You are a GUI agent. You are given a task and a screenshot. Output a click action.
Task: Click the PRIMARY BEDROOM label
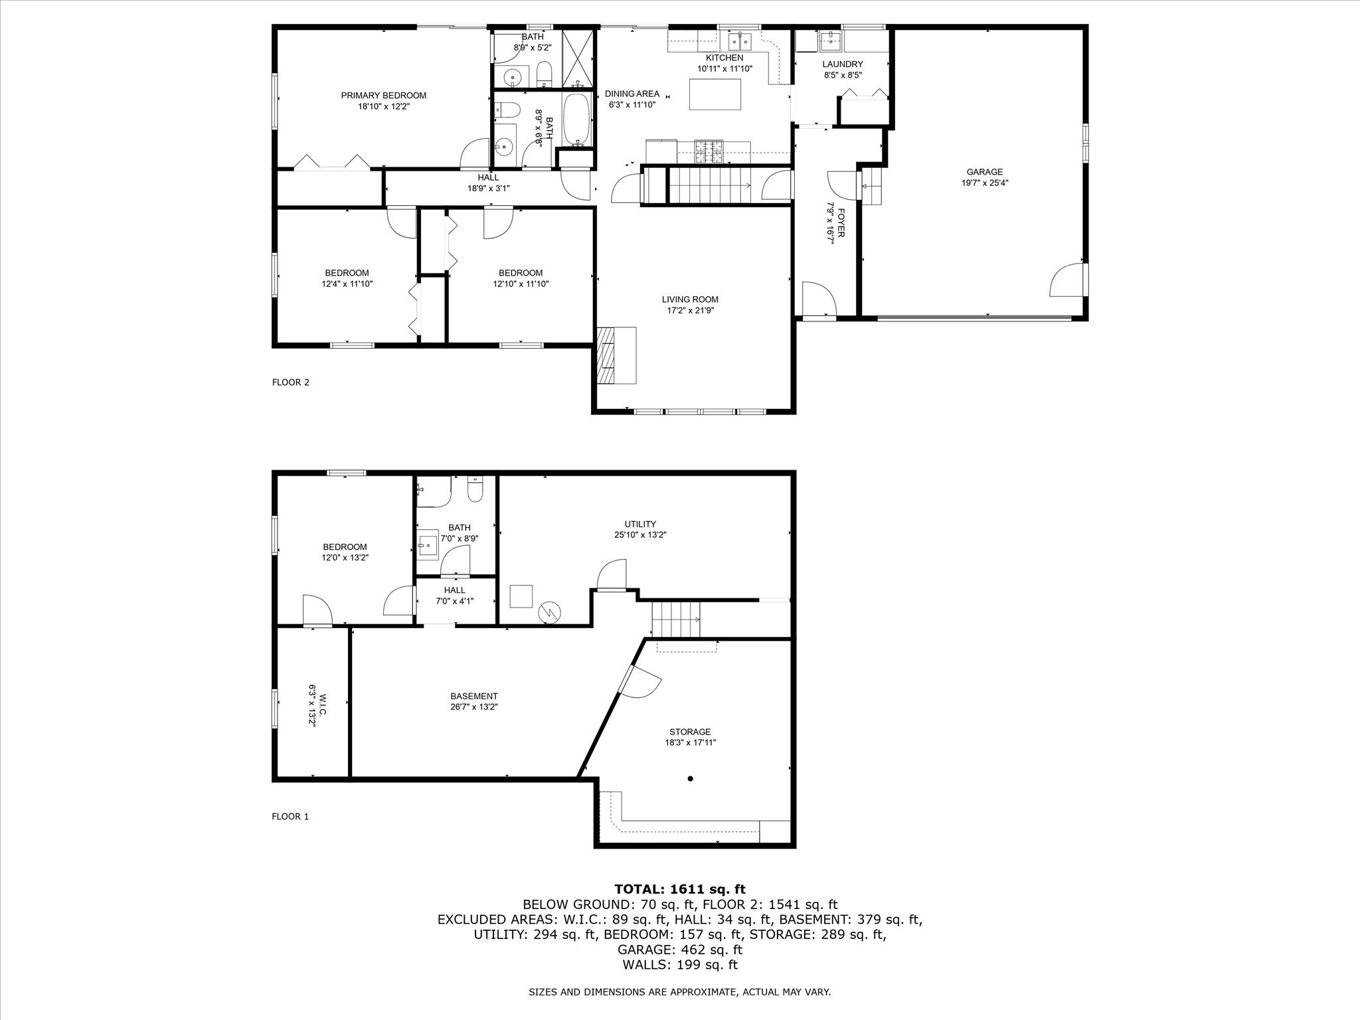[x=383, y=96]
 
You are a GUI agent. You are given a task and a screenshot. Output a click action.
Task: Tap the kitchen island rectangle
[x=715, y=94]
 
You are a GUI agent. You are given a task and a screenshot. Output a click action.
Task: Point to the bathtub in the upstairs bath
[x=577, y=120]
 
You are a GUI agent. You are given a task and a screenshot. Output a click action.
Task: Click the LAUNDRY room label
[x=842, y=64]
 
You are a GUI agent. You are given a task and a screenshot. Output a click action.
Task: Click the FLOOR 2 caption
[x=290, y=382]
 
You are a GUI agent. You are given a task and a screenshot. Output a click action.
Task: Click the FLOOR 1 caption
[x=290, y=817]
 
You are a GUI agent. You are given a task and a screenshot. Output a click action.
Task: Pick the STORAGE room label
[x=690, y=732]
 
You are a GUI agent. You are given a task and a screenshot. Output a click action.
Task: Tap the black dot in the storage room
[x=691, y=778]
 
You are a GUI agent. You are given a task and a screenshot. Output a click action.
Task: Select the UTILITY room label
[x=640, y=524]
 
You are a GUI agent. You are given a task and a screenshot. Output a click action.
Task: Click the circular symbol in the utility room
[x=550, y=612]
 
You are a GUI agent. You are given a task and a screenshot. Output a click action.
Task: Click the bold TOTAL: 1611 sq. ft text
[x=680, y=889]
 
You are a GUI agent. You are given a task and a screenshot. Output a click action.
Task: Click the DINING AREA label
[x=632, y=94]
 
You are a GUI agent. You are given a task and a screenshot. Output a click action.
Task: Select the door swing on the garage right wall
[x=1066, y=280]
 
